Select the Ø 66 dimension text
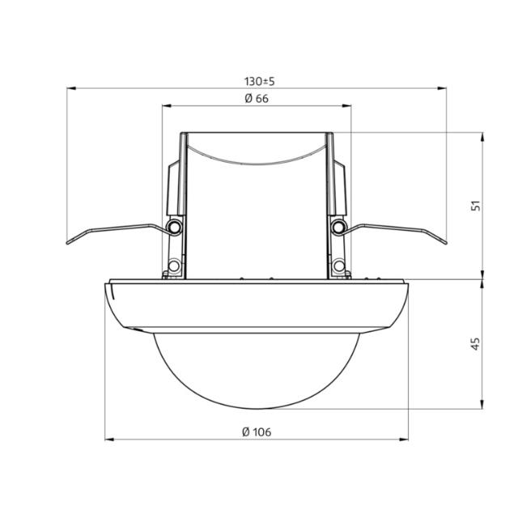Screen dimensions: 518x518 [256, 98]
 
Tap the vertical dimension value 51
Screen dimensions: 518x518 [477, 206]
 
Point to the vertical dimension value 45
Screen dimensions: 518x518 [477, 345]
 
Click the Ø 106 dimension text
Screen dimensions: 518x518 [256, 431]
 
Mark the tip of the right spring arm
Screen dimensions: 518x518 [444, 240]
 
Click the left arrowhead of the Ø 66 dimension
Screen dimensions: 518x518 [166, 105]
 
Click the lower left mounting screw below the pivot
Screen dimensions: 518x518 [174, 265]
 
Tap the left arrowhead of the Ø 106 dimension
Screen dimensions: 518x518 [109, 439]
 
